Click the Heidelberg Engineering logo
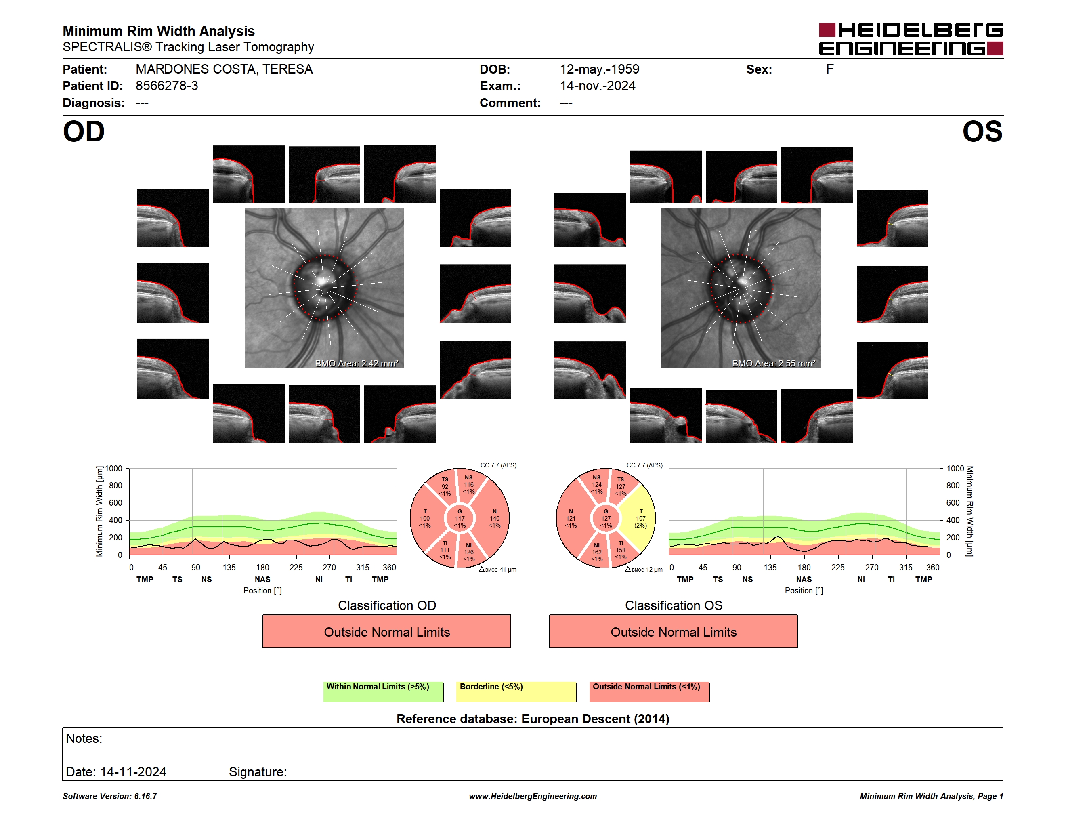(x=911, y=39)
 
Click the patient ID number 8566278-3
(x=167, y=86)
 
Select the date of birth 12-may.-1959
(x=599, y=69)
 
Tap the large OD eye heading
(x=84, y=132)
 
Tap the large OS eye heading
(x=982, y=132)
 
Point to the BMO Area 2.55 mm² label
(x=774, y=363)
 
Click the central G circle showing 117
(x=460, y=518)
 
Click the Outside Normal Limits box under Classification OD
(x=386, y=632)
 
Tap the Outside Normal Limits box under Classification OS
(x=673, y=632)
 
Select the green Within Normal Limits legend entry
(x=383, y=692)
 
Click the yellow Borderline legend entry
(x=516, y=692)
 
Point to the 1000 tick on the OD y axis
(x=113, y=469)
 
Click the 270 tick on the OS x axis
(x=871, y=567)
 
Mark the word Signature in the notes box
(x=257, y=772)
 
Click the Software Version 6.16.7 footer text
(x=110, y=796)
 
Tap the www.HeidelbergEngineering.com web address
(x=533, y=796)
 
